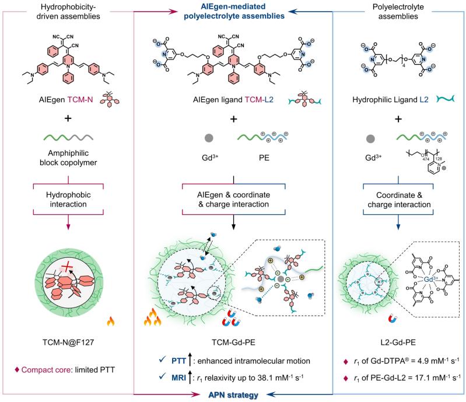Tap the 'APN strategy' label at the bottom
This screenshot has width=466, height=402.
click(233, 396)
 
